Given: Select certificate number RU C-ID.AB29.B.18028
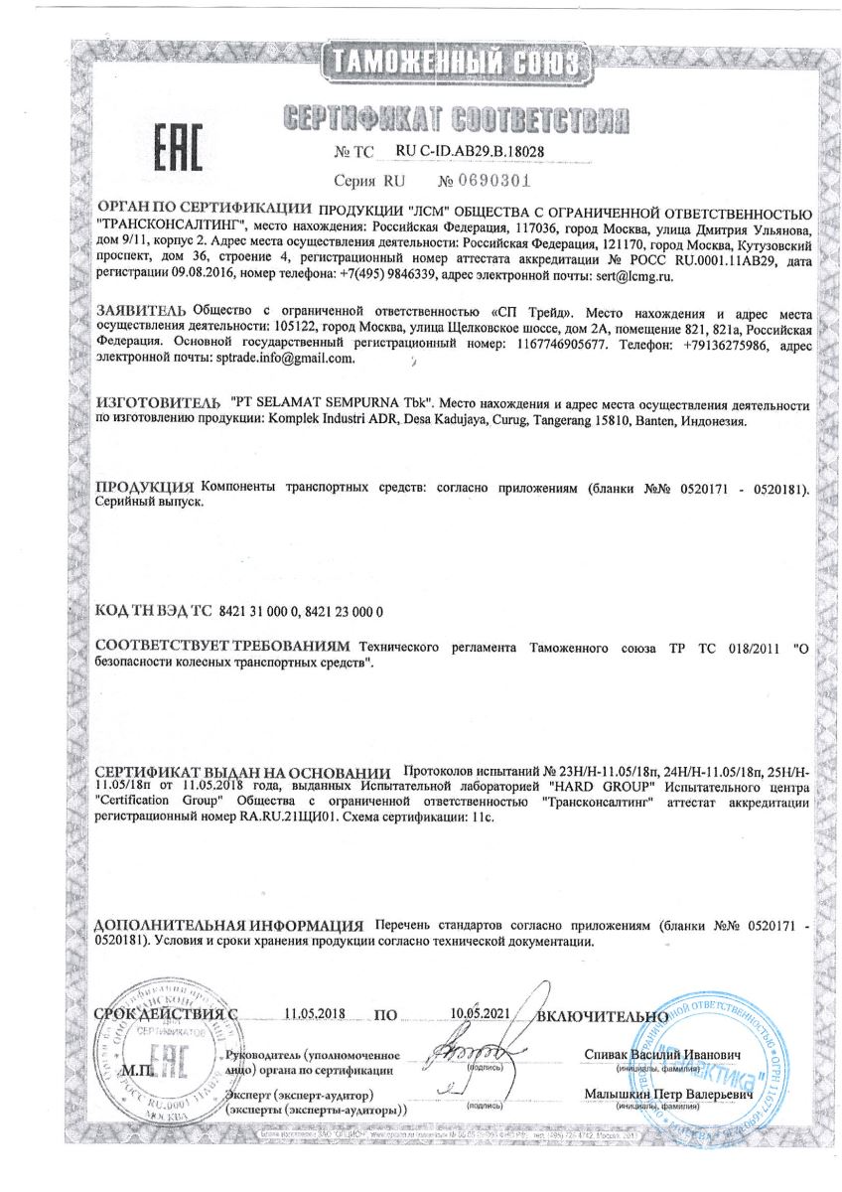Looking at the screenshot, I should [480, 152].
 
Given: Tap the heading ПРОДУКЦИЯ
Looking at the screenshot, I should [144, 489].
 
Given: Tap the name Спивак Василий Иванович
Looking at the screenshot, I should [662, 1053].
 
